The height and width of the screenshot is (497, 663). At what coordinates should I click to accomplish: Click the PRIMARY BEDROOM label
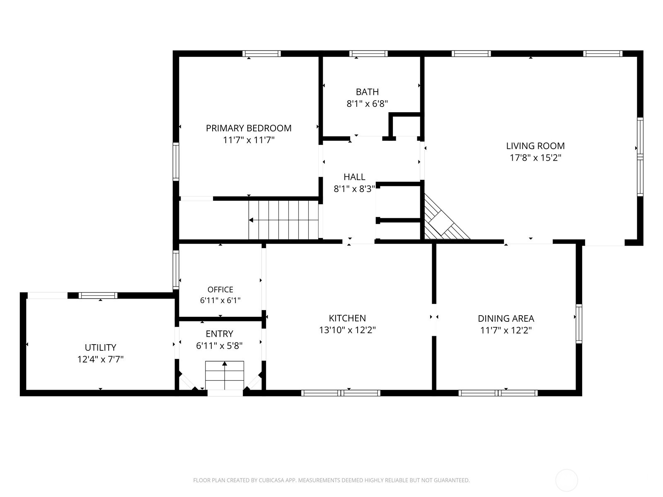249,128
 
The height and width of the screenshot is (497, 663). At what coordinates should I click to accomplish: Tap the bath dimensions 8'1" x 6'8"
367,104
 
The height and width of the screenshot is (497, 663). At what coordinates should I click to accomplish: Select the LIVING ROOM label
535,146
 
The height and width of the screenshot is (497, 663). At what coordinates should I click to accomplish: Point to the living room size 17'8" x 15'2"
535,158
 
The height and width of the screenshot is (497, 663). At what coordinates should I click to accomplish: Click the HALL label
354,177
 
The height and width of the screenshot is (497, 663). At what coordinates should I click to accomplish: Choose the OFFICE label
220,290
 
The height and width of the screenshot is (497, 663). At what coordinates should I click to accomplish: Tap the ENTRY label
219,334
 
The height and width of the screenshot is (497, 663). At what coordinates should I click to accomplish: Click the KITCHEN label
347,318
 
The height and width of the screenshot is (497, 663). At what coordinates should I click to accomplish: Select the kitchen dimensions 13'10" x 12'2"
347,330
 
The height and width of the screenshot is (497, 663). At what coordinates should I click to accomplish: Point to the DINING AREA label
506,318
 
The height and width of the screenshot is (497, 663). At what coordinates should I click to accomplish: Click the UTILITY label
100,347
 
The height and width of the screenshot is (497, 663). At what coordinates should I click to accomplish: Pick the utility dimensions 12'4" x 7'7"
100,359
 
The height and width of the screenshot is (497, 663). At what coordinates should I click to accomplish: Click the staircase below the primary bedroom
283,220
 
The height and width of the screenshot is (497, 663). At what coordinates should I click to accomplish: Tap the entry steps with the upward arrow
225,375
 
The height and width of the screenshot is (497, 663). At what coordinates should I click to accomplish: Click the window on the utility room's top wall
98,295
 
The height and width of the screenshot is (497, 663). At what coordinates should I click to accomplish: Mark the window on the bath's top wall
368,54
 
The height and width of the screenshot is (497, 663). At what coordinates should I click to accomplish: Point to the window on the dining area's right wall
579,324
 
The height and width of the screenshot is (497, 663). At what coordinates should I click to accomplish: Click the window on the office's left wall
176,270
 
